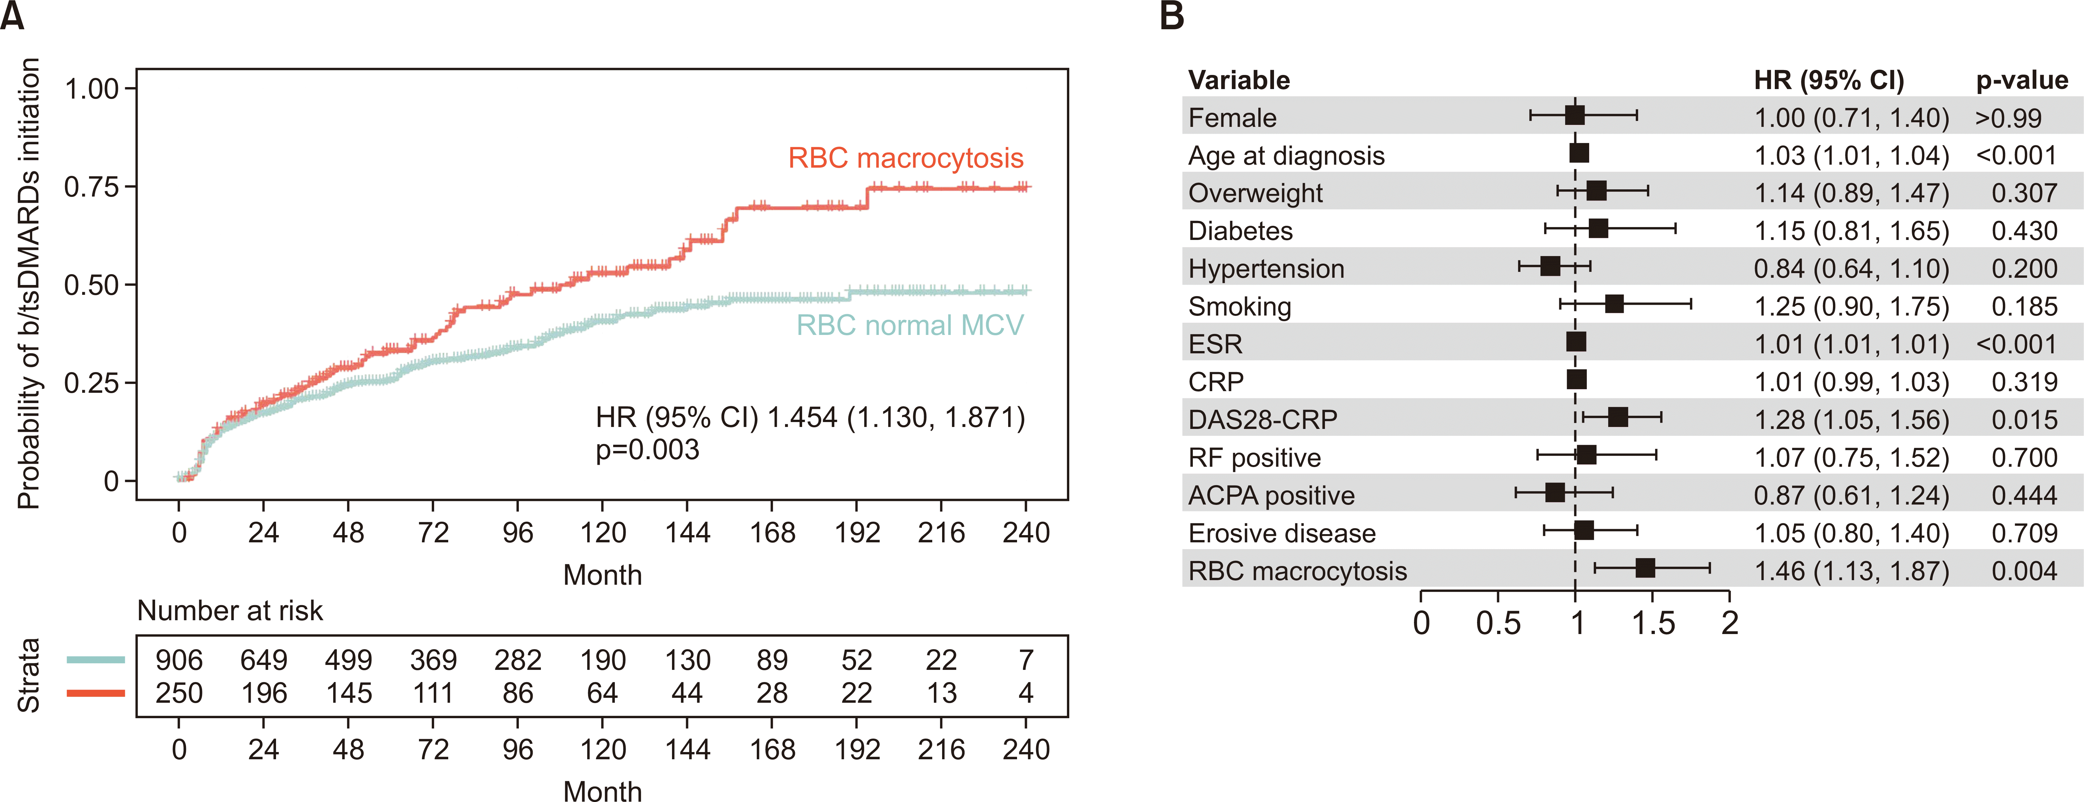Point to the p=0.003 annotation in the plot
647,450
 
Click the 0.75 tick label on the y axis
91,187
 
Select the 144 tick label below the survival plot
687,532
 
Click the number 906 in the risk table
179,660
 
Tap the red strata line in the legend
96,693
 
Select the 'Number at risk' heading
230,610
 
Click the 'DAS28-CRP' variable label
1262,419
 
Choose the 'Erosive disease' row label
1282,533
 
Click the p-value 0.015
2024,419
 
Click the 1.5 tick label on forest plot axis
1653,623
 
